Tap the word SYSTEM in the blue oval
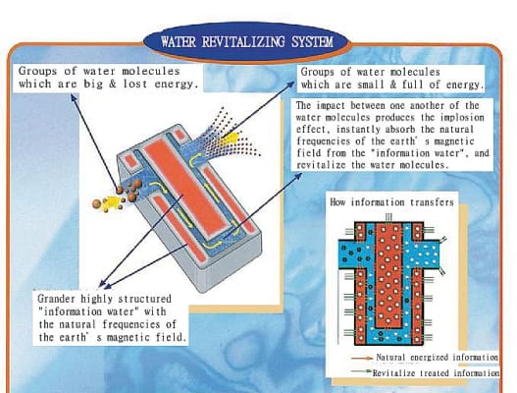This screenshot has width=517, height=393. pyautogui.click(x=312, y=42)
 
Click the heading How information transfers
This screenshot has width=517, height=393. pyautogui.click(x=391, y=201)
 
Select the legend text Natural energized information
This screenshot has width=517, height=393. pyautogui.click(x=438, y=358)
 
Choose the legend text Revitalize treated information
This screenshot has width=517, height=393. pyautogui.click(x=436, y=373)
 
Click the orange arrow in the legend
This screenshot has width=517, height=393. pyautogui.click(x=362, y=358)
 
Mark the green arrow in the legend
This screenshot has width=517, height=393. pyautogui.click(x=361, y=371)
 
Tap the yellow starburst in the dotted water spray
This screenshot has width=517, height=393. pyautogui.click(x=231, y=140)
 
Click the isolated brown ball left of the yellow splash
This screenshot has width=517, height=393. pyautogui.click(x=96, y=203)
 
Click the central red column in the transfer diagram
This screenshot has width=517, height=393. pyautogui.click(x=389, y=275)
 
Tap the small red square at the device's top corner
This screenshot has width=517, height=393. pyautogui.click(x=180, y=135)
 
